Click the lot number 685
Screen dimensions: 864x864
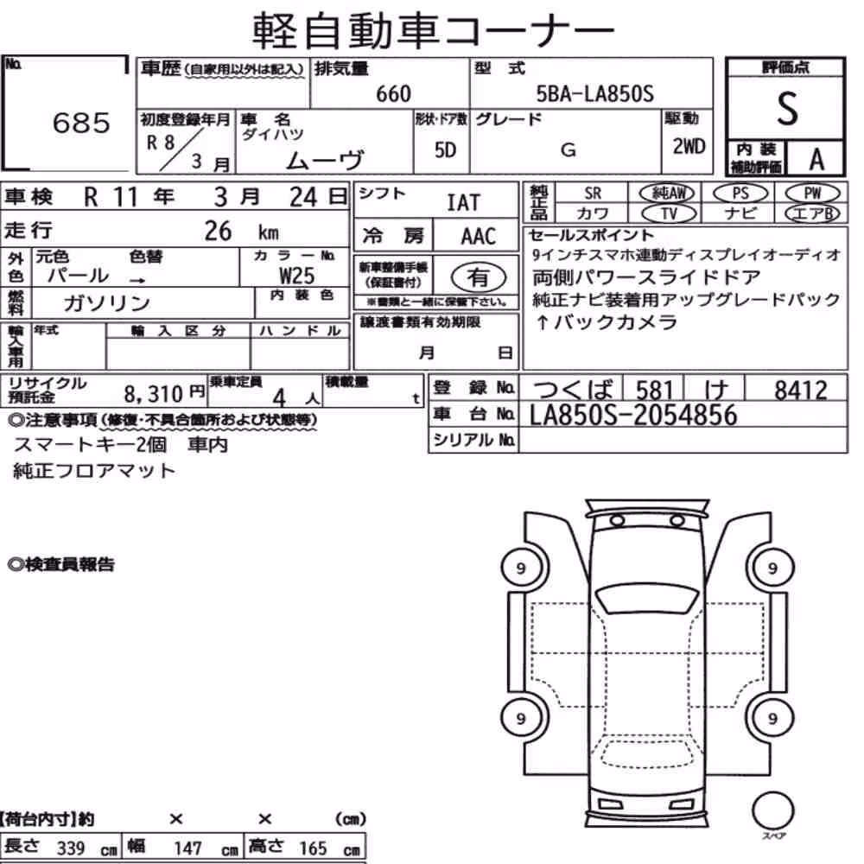click(81, 123)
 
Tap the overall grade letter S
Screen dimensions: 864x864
click(787, 109)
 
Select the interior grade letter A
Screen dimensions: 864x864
click(816, 160)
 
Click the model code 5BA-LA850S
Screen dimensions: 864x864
click(595, 93)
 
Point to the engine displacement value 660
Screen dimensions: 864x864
click(393, 93)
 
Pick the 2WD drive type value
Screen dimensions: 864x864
click(689, 147)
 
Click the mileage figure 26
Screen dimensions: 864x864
click(219, 231)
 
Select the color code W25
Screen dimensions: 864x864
click(297, 276)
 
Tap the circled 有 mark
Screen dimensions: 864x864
click(479, 277)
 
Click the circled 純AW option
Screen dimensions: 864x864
click(667, 194)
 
